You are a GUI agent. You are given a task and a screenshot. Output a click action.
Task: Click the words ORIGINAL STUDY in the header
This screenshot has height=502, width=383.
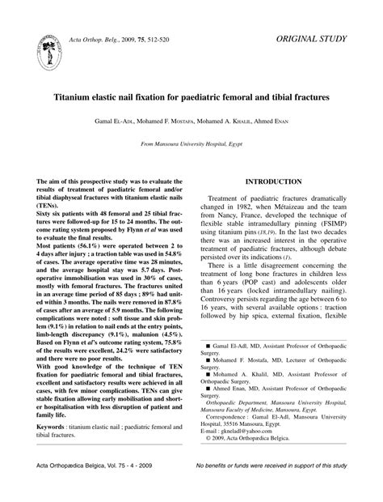[313, 37]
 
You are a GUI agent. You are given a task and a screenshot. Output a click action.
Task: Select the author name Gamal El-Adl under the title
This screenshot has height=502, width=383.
[120, 121]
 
